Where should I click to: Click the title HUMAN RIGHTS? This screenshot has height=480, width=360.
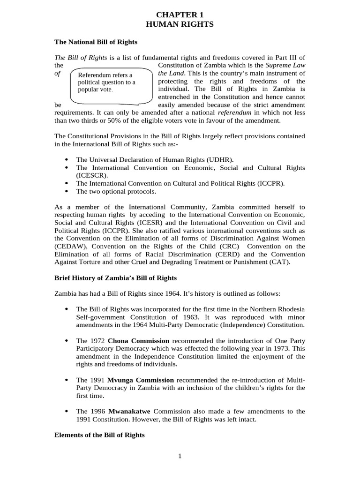click(180, 24)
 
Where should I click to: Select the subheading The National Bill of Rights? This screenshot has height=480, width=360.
click(96, 42)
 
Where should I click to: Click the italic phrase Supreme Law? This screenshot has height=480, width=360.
click(286, 65)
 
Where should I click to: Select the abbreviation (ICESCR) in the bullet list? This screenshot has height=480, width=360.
click(92, 175)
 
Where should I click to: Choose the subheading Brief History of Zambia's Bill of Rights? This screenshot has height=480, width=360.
click(116, 278)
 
